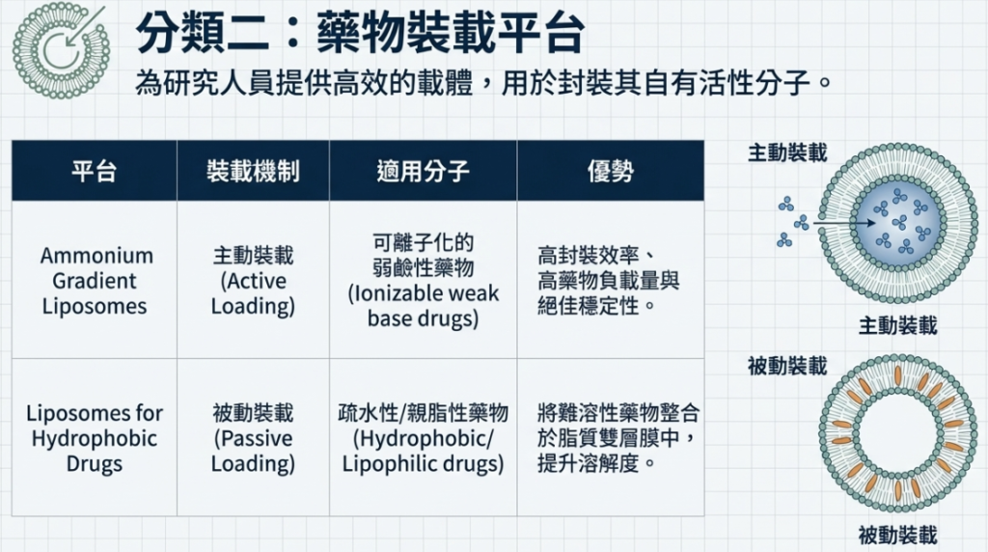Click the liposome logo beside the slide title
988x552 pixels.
(61, 50)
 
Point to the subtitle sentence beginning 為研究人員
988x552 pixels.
(483, 83)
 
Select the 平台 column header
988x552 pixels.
(94, 171)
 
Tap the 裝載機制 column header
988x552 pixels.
(253, 171)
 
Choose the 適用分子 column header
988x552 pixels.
(423, 171)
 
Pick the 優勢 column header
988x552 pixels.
(610, 171)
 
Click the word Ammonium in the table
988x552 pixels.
(96, 256)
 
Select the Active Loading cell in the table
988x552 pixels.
(253, 281)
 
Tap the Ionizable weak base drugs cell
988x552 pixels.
(423, 281)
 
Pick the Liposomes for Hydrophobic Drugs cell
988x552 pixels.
(95, 438)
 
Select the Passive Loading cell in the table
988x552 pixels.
(253, 438)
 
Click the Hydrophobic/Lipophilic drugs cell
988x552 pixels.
(423, 438)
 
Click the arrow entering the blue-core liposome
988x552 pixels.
(844, 222)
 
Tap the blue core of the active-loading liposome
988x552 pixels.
(897, 223)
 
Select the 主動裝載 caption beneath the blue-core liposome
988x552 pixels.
(897, 326)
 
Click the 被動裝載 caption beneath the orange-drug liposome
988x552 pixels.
(897, 536)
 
